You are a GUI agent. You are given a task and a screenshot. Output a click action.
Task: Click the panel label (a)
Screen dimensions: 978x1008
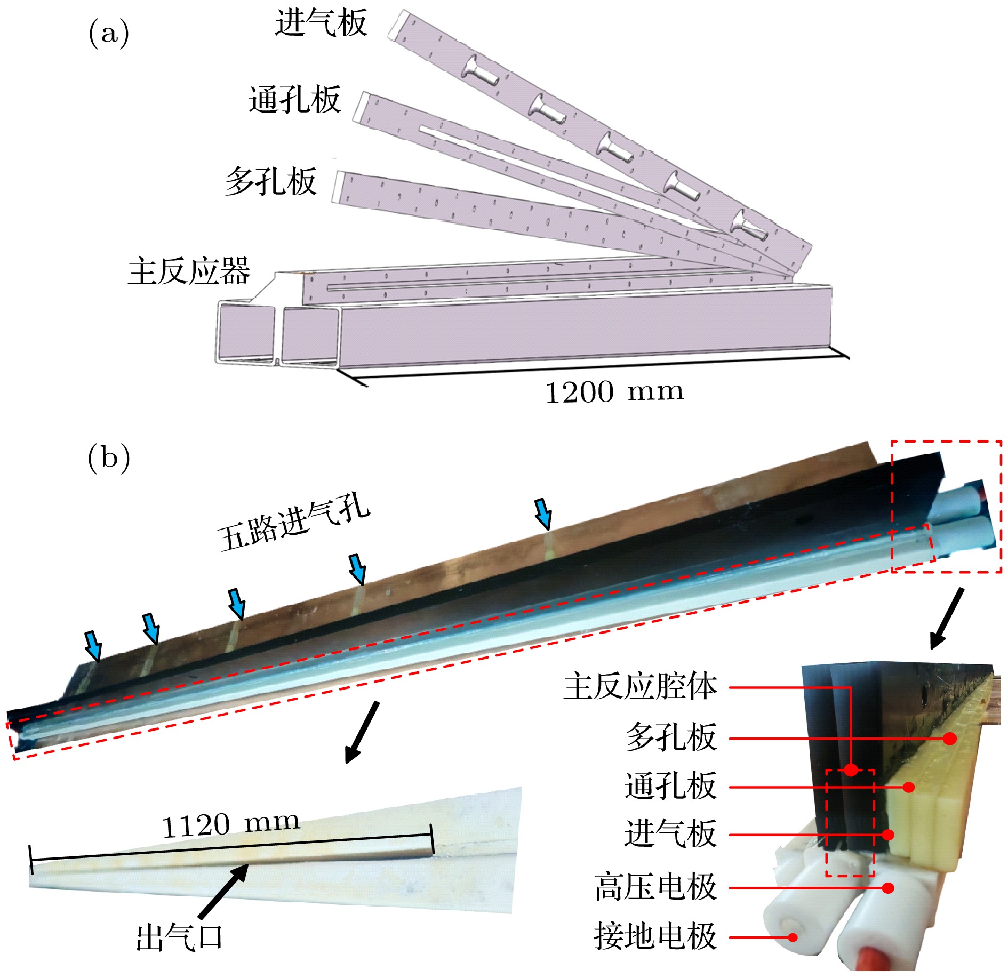click(x=108, y=33)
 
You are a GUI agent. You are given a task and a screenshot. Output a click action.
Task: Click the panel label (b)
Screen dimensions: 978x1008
click(x=108, y=458)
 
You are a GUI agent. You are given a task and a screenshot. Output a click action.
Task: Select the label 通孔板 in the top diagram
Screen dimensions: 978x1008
click(x=294, y=100)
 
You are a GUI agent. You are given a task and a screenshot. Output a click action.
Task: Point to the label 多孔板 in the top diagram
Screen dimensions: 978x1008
click(x=271, y=181)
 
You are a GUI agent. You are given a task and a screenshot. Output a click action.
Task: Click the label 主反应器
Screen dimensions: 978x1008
click(x=189, y=271)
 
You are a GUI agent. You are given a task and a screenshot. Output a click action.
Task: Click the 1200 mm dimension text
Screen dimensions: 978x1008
click(x=614, y=392)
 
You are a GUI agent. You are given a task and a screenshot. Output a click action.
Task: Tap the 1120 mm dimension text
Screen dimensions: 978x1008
click(x=230, y=825)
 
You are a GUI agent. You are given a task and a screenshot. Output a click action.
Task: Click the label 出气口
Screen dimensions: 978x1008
click(x=179, y=938)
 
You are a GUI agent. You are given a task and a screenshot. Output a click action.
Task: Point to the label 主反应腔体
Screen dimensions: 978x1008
click(x=640, y=686)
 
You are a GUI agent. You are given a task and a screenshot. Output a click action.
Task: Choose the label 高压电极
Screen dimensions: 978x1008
click(x=655, y=887)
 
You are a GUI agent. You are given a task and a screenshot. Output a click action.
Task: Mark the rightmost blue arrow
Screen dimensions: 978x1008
click(x=543, y=513)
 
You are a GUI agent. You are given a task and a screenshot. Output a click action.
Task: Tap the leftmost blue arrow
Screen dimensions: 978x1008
click(x=94, y=645)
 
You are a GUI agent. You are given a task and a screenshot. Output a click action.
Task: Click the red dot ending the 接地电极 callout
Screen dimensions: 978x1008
click(x=793, y=937)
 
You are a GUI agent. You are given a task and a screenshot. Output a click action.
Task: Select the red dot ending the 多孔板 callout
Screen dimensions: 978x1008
click(x=949, y=739)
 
